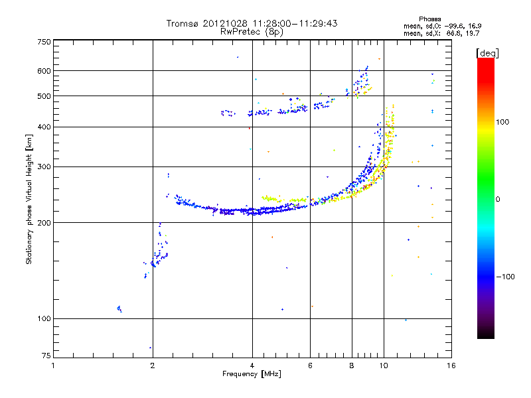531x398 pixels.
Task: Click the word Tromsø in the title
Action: pos(183,23)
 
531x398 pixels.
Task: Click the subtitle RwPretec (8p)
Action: pos(252,32)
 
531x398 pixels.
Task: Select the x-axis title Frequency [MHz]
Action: pos(252,374)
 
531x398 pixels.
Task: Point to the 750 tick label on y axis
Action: pos(44,42)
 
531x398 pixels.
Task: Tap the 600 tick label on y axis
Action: pos(44,71)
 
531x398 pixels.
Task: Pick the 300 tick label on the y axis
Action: pos(44,167)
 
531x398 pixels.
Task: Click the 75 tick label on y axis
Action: pos(46,356)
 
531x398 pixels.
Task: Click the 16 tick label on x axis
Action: pos(451,365)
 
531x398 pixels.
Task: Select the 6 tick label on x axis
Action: pos(310,365)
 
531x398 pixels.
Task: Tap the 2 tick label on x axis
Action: pos(153,365)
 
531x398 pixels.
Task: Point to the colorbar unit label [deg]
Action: pos(487,54)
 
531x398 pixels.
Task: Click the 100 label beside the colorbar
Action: pos(502,122)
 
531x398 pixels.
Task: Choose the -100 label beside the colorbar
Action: pos(505,277)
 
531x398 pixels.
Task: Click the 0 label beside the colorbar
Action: pos(498,200)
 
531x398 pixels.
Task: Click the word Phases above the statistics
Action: pos(429,19)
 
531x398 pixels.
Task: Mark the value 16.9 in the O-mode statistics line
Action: pos(475,26)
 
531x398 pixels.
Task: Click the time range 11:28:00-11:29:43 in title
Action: pos(295,23)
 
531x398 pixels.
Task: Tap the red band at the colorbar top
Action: pos(486,68)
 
